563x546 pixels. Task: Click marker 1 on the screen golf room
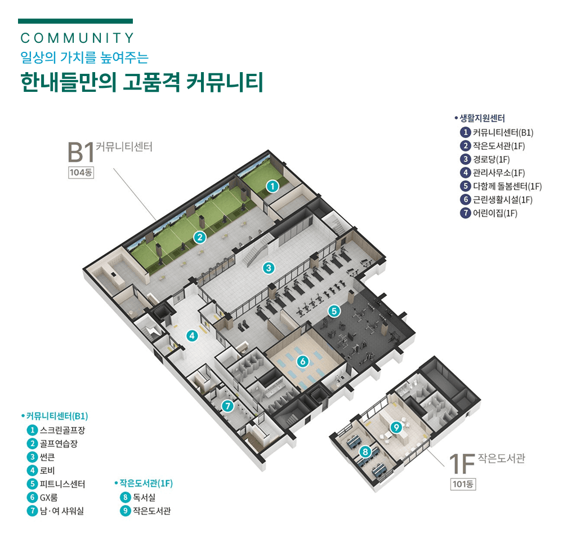pyautogui.click(x=272, y=185)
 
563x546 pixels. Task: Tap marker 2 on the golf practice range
pyautogui.click(x=198, y=237)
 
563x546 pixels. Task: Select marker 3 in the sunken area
pyautogui.click(x=269, y=268)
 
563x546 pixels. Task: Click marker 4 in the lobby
pyautogui.click(x=193, y=336)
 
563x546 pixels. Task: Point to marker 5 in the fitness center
pyautogui.click(x=334, y=310)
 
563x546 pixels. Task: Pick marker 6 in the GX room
pyautogui.click(x=302, y=361)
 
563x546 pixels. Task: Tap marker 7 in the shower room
pyautogui.click(x=227, y=405)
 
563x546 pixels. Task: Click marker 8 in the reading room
pyautogui.click(x=365, y=451)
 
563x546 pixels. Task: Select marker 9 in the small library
pyautogui.click(x=396, y=428)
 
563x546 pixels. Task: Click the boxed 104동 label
pyautogui.click(x=81, y=173)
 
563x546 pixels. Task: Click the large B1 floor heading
pyautogui.click(x=79, y=152)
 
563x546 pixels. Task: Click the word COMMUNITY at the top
pyautogui.click(x=77, y=38)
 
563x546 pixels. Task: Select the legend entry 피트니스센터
pyautogui.click(x=62, y=484)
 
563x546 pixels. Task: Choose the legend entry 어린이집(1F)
pyautogui.click(x=495, y=213)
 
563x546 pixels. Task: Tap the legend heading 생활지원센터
pyautogui.click(x=482, y=118)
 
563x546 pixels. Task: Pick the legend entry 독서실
pyautogui.click(x=144, y=498)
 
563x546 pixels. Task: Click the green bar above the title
pyautogui.click(x=75, y=21)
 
